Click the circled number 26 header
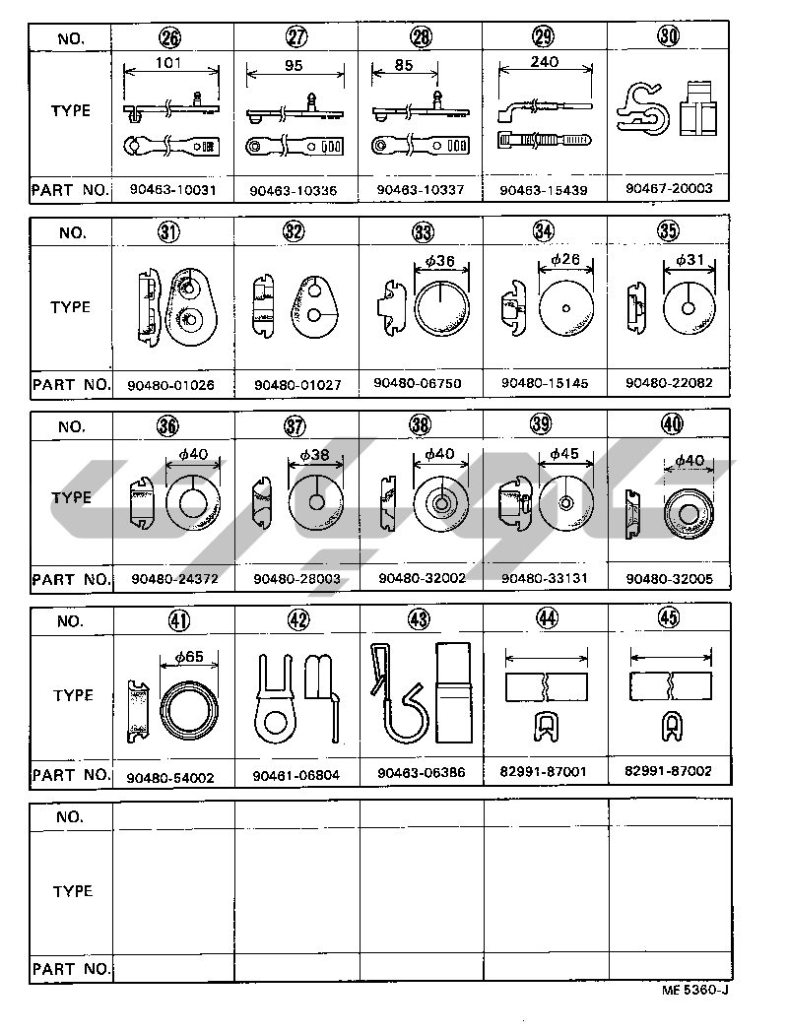[x=170, y=38]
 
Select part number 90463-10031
[x=171, y=189]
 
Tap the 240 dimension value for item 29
[x=544, y=60]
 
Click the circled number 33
[x=423, y=232]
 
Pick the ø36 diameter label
[x=438, y=262]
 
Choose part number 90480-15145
[x=544, y=383]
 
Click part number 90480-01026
[x=171, y=384]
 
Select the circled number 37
[x=295, y=426]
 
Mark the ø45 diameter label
[x=563, y=454]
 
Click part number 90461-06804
[x=295, y=775]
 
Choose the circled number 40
[x=669, y=425]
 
